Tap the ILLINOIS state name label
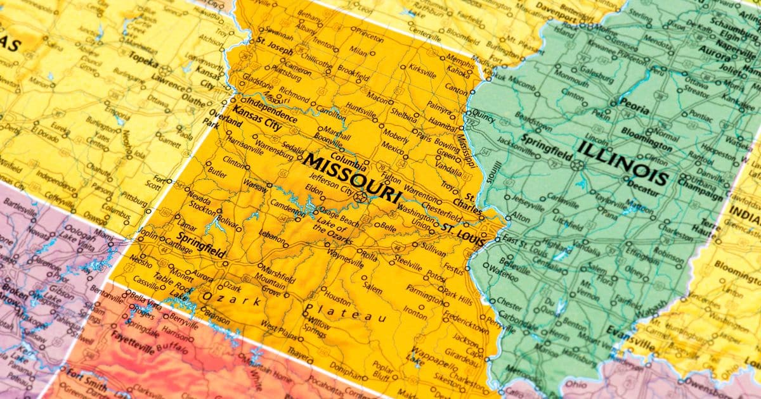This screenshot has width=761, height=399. point(623,163)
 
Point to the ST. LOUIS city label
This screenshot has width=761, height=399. point(464,235)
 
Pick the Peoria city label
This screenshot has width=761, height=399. point(634,106)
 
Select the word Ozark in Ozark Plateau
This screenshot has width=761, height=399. point(231,298)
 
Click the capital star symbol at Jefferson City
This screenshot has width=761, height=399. point(361,197)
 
